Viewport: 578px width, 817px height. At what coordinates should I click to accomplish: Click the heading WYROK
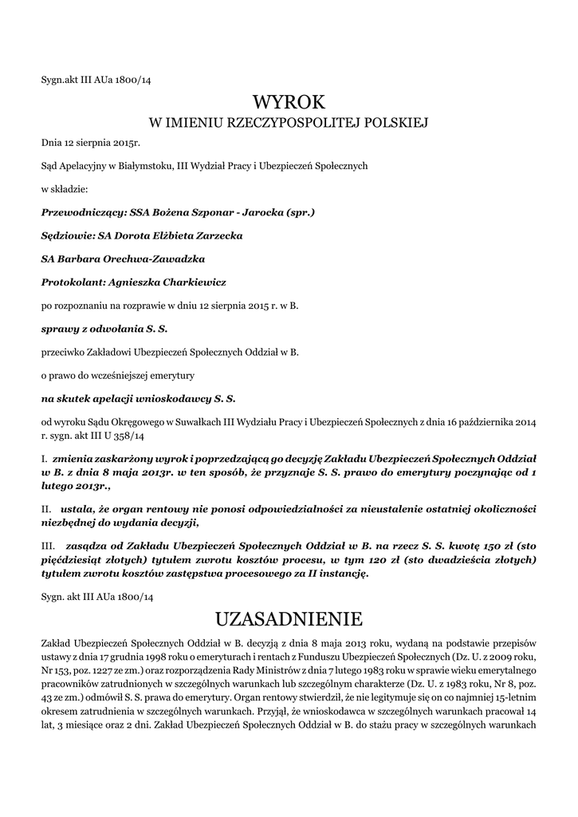289,101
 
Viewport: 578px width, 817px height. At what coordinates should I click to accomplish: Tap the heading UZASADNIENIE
289,618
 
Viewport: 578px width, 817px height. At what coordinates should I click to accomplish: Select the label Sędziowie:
66,236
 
